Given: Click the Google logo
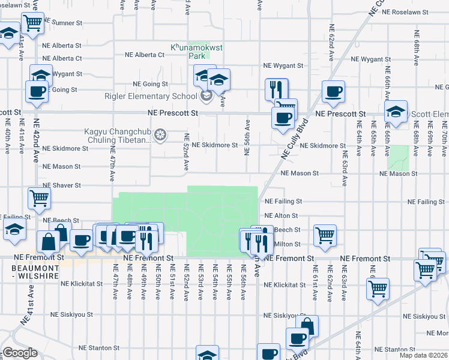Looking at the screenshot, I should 20,353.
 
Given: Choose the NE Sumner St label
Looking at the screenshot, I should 61,23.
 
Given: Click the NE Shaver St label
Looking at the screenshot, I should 61,185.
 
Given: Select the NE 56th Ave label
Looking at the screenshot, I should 247,138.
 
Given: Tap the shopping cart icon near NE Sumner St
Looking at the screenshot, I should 34,23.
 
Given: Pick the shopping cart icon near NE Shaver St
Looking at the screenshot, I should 39,197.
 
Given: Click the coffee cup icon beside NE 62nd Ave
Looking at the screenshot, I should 333,91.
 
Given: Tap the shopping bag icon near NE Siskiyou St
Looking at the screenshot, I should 306,326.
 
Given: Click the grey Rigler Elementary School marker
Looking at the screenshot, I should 206,96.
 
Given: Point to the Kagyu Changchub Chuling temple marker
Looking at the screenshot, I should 160,135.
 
